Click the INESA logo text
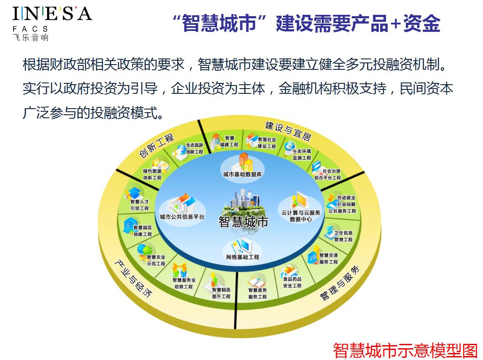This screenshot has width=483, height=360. [x=52, y=14]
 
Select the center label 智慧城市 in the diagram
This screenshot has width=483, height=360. [x=243, y=222]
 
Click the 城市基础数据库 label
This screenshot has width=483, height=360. [x=242, y=175]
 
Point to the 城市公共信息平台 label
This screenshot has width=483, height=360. [x=182, y=216]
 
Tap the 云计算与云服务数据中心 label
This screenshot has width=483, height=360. [x=301, y=216]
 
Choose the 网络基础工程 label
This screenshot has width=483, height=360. [x=242, y=257]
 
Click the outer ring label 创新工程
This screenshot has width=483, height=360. [x=156, y=146]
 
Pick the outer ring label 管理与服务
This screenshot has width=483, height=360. [x=340, y=284]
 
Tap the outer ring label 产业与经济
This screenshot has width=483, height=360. [x=133, y=278]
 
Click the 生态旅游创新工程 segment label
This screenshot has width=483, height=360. [x=194, y=149]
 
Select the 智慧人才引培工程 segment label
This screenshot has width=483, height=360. [x=139, y=205]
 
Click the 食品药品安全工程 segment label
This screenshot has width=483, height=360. [x=292, y=282]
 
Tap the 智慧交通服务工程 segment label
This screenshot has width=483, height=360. [x=329, y=259]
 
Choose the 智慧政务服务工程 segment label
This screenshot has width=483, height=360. [x=257, y=293]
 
